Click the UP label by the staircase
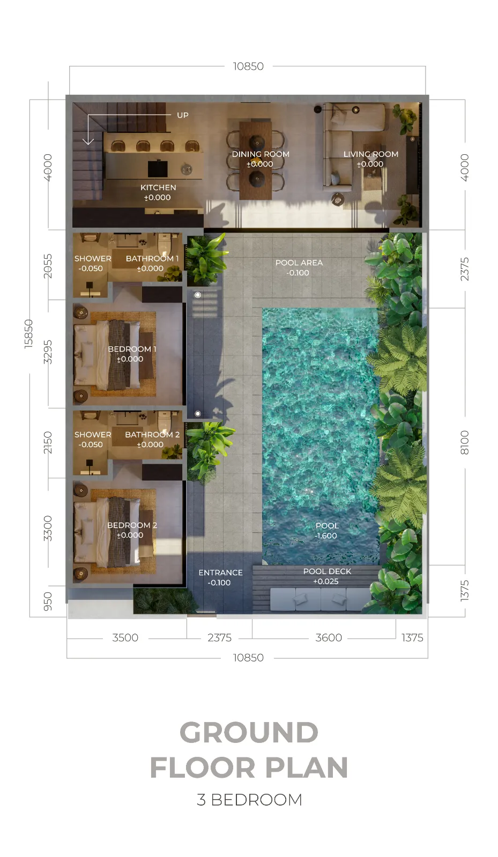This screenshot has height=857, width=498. (x=183, y=115)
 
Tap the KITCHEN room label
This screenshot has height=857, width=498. (x=158, y=187)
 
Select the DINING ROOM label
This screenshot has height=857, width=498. (x=261, y=154)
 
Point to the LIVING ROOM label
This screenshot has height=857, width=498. (x=370, y=154)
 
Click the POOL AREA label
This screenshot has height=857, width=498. (x=299, y=263)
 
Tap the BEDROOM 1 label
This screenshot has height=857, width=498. (x=132, y=349)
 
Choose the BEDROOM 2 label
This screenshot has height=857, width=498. (x=132, y=525)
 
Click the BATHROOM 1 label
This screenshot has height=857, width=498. (x=152, y=259)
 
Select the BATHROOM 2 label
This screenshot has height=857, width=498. (x=152, y=434)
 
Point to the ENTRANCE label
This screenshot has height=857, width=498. (x=220, y=573)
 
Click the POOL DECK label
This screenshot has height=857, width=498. (x=328, y=571)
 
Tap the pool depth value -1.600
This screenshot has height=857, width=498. (x=326, y=536)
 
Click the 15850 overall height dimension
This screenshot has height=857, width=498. (x=29, y=334)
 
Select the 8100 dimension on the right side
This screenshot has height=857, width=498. (x=464, y=442)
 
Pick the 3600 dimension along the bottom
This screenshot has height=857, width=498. (x=329, y=638)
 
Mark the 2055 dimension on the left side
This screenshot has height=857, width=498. (x=48, y=266)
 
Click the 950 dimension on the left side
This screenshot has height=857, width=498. (x=48, y=602)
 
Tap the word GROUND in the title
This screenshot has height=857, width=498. (x=249, y=733)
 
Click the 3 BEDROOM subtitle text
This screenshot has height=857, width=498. (x=250, y=800)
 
